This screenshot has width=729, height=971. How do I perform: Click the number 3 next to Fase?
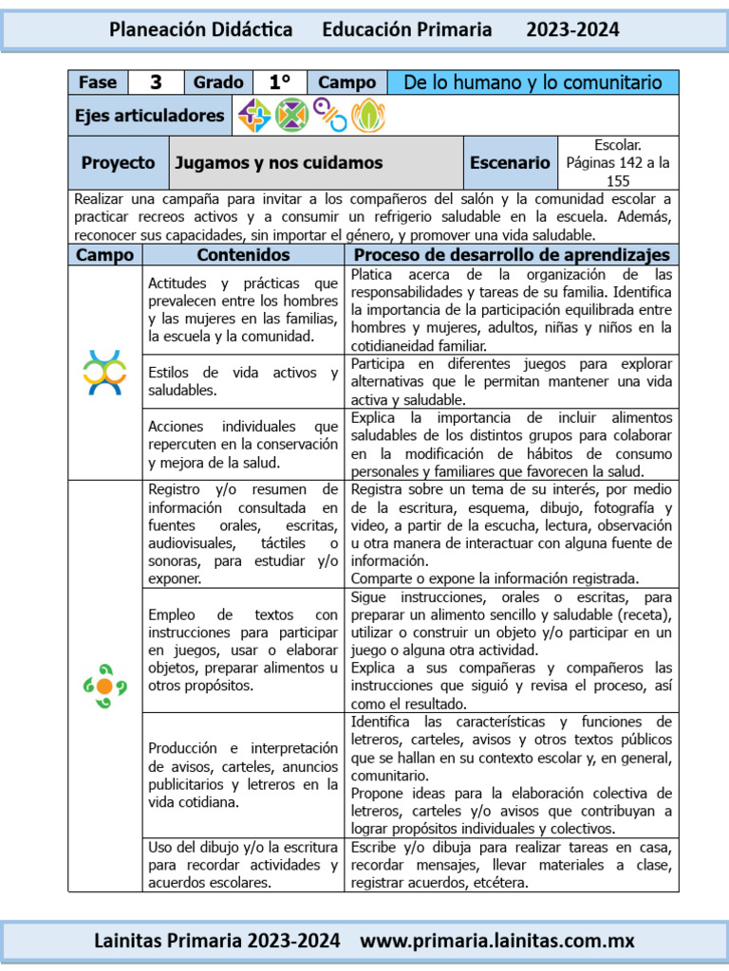pyautogui.click(x=156, y=82)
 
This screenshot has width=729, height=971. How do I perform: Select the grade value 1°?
pyautogui.click(x=279, y=82)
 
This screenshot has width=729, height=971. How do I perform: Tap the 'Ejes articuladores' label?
pyautogui.click(x=150, y=116)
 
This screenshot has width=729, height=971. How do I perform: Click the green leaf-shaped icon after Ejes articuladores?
pyautogui.click(x=367, y=116)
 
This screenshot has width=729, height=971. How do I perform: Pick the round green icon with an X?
pyautogui.click(x=292, y=116)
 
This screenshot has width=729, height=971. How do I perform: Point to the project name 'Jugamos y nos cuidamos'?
pyautogui.click(x=278, y=162)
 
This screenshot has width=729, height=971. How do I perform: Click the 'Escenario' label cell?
pyautogui.click(x=510, y=162)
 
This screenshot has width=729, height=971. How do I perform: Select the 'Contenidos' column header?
pyautogui.click(x=243, y=255)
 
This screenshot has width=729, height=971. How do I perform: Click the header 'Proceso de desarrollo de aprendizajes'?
pyautogui.click(x=511, y=255)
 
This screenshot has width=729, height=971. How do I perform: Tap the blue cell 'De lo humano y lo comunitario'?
pyautogui.click(x=533, y=82)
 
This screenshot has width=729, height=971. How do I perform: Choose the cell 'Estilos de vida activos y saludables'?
pyautogui.click(x=243, y=381)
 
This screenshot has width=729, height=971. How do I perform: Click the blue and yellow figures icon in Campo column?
pyautogui.click(x=104, y=372)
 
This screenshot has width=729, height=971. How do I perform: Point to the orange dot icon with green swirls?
pyautogui.click(x=104, y=685)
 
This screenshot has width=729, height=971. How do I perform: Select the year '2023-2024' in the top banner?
pyautogui.click(x=572, y=29)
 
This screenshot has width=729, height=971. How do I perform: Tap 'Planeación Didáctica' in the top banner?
pyautogui.click(x=201, y=29)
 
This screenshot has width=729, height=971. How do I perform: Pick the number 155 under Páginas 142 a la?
pyautogui.click(x=618, y=180)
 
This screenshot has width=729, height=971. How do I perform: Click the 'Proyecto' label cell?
pyautogui.click(x=118, y=162)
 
